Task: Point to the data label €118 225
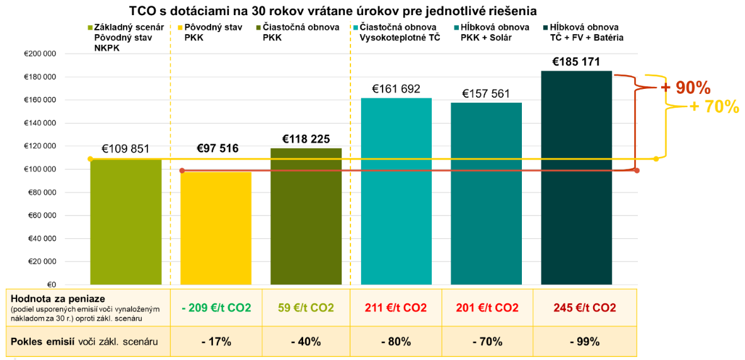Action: coord(306,139)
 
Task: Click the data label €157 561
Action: coord(486,93)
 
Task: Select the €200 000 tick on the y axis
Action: coord(40,54)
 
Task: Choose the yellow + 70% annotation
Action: coord(713,107)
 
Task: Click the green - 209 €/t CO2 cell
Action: coord(216,308)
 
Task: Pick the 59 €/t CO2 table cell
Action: coord(306,308)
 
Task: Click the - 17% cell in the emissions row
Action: coord(216,342)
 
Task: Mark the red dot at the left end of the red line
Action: coord(182,171)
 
